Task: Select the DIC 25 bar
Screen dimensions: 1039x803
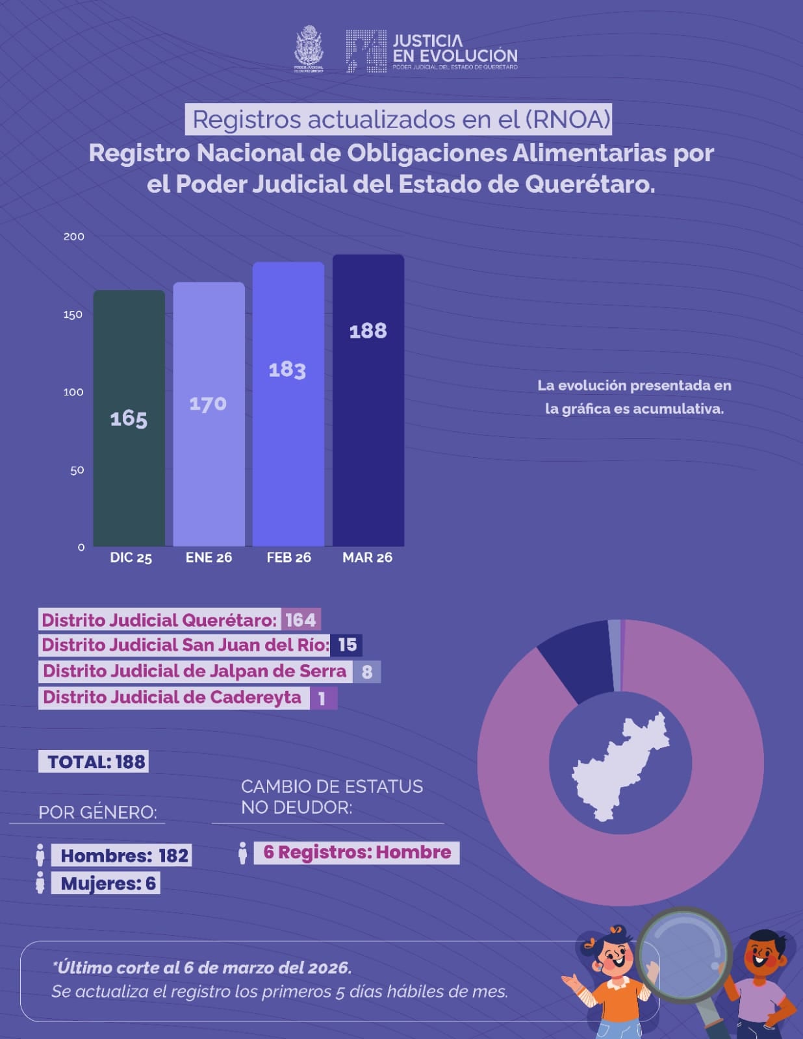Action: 129,418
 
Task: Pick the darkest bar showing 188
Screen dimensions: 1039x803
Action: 368,400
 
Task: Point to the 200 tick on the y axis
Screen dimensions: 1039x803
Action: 74,236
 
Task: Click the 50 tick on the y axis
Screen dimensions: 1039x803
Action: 77,470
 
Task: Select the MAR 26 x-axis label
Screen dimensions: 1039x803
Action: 367,558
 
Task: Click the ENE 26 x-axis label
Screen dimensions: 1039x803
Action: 209,558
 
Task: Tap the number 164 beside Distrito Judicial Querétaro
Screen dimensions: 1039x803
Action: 301,620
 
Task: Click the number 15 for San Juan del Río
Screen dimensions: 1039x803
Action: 347,645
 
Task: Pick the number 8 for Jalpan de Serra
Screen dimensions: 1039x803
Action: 367,671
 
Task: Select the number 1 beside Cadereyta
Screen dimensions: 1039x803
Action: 322,699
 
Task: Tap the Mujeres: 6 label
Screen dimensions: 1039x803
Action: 107,883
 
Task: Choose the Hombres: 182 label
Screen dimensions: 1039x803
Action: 124,856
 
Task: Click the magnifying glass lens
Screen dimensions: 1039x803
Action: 683,955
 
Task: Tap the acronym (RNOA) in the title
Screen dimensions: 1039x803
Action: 567,119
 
